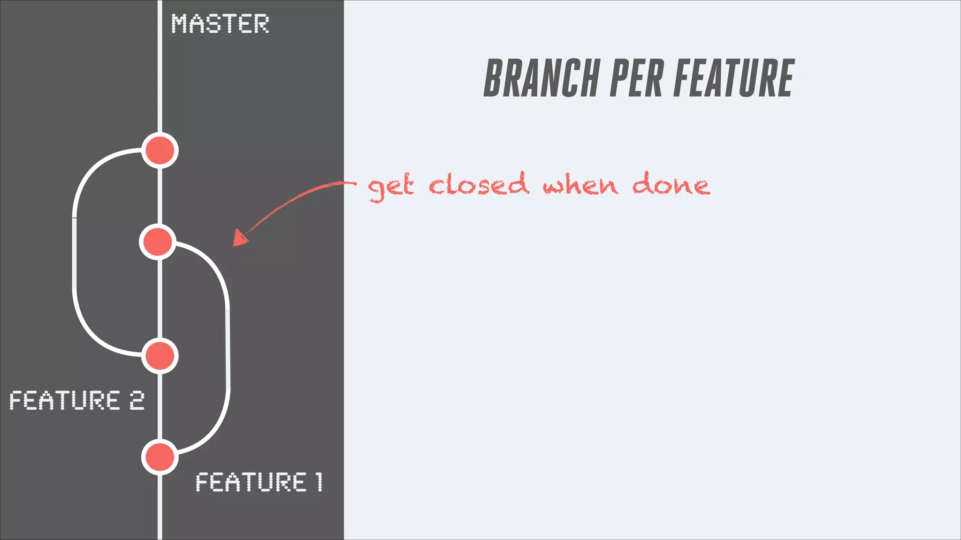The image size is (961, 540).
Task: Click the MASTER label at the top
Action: (x=220, y=23)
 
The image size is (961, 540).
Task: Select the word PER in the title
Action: (x=636, y=78)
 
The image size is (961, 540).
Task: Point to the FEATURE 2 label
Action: (x=76, y=400)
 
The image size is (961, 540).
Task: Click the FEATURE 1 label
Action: (x=259, y=482)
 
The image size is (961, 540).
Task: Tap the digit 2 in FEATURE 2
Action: (x=137, y=400)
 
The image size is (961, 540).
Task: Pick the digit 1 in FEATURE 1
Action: (x=319, y=482)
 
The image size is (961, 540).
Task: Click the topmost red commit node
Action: (x=160, y=150)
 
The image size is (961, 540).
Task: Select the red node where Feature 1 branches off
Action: (x=158, y=242)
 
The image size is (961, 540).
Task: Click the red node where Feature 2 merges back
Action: (x=160, y=356)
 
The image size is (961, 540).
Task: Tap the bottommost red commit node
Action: (x=160, y=457)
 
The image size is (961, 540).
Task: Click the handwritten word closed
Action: (x=479, y=184)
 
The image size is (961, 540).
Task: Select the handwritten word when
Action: (x=580, y=185)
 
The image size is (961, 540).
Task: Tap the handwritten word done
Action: (x=671, y=184)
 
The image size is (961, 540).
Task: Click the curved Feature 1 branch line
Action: (x=228, y=347)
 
